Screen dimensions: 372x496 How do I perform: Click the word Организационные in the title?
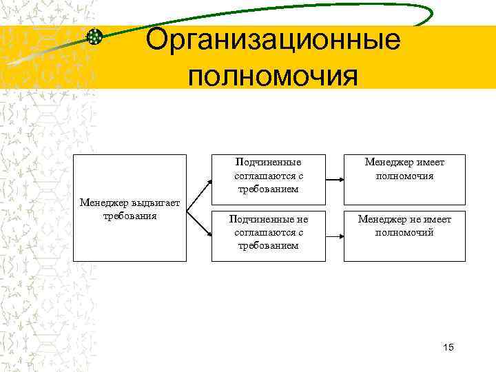click(273, 40)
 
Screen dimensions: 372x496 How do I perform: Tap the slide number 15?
click(448, 347)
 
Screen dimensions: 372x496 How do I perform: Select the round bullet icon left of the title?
click(96, 37)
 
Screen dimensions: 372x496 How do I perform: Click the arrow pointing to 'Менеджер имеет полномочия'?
click(333, 179)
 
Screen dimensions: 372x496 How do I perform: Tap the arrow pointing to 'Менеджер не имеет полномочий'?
click(333, 234)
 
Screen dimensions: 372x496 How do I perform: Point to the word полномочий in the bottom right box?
click(404, 232)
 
